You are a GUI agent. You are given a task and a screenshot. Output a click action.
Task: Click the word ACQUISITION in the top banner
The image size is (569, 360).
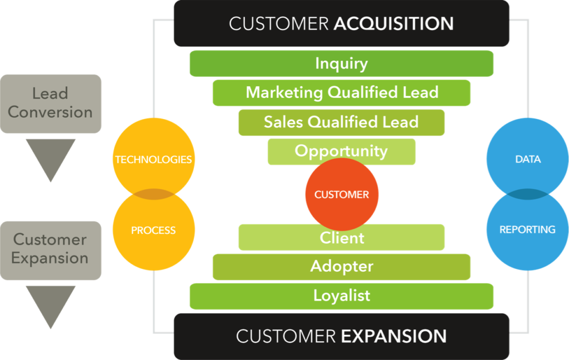[393, 23]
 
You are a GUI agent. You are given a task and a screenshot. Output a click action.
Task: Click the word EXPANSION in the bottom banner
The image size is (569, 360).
[393, 336]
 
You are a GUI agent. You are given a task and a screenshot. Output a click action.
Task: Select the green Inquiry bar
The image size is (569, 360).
[341, 63]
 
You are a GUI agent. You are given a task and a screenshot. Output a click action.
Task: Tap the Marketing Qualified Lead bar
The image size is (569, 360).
[341, 92]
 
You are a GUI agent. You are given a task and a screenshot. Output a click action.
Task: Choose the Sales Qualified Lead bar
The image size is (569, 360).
[341, 122]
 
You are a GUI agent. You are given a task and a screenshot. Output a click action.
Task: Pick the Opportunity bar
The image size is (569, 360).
[341, 151]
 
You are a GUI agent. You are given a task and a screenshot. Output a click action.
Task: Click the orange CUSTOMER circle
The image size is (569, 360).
[341, 194]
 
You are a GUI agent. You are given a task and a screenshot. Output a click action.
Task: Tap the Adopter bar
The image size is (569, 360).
[341, 267]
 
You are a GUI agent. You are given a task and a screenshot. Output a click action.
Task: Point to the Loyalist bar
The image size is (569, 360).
[341, 296]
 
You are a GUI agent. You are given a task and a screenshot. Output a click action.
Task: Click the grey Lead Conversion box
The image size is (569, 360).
[51, 103]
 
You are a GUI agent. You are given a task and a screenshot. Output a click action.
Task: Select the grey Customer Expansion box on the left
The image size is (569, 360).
[51, 249]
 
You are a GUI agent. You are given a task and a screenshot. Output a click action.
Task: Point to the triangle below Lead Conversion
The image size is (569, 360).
[51, 156]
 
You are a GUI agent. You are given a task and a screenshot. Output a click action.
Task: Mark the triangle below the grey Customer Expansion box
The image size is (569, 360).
[51, 303]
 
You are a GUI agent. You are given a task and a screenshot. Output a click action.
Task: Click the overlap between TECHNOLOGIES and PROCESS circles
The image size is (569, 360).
[153, 194]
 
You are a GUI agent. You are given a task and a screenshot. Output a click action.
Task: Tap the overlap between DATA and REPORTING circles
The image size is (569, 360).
[527, 194]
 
